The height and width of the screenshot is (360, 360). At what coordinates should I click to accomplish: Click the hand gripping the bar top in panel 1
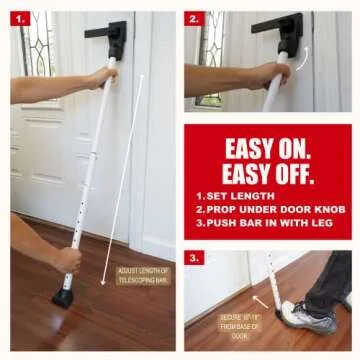coord(100,78)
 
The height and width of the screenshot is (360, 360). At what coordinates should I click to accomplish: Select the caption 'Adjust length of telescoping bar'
coord(143,277)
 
